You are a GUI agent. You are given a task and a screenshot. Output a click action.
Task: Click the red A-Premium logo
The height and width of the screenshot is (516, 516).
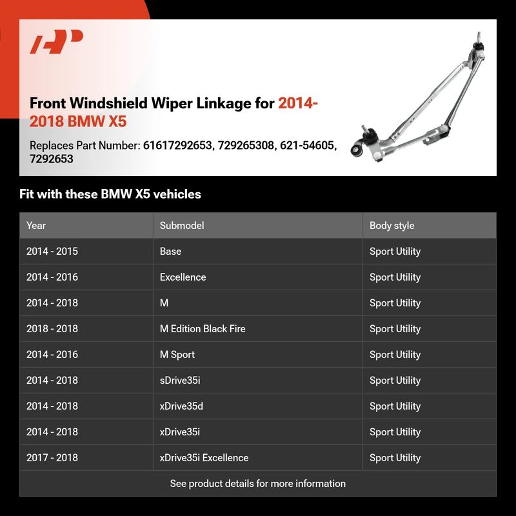tap(56, 43)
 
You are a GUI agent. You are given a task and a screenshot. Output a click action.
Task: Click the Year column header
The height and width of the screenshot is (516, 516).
tap(36, 226)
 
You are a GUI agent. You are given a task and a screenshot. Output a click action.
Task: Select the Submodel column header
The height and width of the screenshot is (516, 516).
tap(182, 226)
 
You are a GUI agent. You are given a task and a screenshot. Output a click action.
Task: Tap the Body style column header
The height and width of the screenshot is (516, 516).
tap(392, 226)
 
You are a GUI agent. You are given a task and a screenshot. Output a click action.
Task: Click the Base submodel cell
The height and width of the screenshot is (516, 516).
tap(170, 252)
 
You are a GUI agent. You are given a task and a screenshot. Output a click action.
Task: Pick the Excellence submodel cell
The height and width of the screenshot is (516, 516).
tap(183, 277)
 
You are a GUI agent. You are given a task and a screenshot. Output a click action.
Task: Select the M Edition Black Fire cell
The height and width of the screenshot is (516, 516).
tap(203, 329)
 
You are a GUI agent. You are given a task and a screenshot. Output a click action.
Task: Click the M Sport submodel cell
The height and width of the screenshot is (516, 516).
tap(177, 355)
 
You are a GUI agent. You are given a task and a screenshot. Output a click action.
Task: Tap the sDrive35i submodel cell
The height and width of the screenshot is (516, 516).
tap(180, 381)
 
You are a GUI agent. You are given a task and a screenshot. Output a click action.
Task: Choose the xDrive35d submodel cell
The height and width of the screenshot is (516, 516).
tap(181, 406)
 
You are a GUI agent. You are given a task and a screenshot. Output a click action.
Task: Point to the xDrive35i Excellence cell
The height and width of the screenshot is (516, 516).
tap(204, 458)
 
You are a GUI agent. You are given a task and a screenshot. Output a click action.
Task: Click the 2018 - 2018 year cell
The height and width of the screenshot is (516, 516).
tap(52, 329)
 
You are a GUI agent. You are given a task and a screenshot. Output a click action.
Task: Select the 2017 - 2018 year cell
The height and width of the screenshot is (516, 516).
tap(52, 458)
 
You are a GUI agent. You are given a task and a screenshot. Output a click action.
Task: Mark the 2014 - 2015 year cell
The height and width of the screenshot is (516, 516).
tap(52, 252)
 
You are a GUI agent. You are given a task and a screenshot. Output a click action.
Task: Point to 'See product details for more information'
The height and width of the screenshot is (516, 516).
tap(258, 484)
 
